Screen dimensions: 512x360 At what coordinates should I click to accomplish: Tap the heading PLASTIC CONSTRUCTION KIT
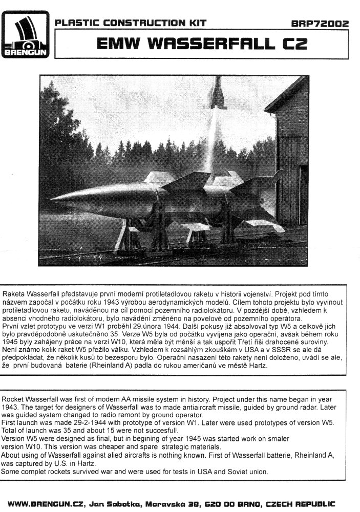pyautogui.click(x=131, y=23)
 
